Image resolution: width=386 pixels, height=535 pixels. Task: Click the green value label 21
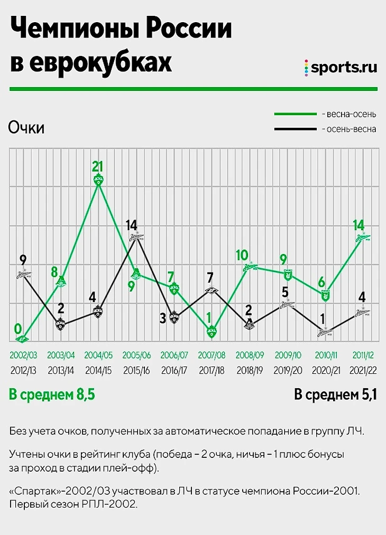point(97,167)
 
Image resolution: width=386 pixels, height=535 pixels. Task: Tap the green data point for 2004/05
point(98,180)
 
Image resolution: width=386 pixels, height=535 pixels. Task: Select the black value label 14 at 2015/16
point(132,225)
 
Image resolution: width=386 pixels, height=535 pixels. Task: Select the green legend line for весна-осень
point(295,114)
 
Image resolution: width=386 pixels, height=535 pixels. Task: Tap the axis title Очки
point(26,129)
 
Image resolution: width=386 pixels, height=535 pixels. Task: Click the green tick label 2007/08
point(212,355)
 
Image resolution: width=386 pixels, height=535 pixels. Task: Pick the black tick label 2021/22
point(363,370)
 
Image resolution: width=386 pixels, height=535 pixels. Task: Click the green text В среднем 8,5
point(52,395)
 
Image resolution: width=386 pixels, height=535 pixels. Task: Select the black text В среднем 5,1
point(335,395)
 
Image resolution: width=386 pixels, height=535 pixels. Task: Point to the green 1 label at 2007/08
point(208,318)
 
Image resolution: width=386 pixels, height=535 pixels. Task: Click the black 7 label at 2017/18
point(210,277)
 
